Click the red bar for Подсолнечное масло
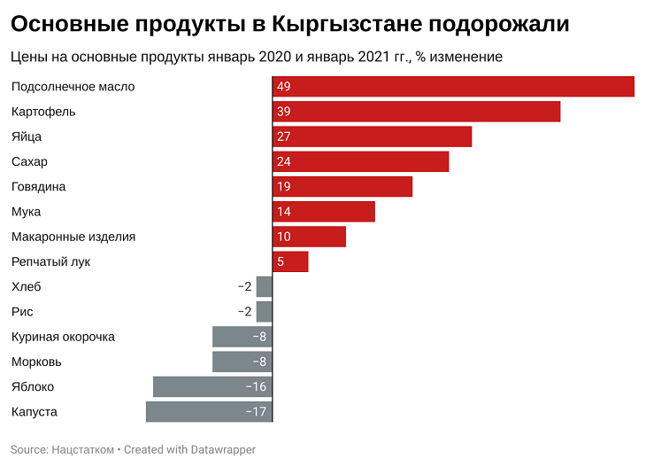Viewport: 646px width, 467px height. point(453,87)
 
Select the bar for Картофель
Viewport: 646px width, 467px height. point(416,112)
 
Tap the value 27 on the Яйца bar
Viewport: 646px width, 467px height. point(283,136)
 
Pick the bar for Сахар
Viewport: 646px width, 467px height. point(360,161)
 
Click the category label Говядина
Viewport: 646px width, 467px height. point(38,187)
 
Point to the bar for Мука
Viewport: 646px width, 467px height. point(323,212)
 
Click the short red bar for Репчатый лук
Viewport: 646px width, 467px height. point(290,261)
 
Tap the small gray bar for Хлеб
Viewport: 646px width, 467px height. point(264,286)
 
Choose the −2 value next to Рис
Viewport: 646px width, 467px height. point(245,312)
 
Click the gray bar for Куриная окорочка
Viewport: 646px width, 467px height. point(242,337)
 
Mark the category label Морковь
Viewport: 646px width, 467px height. point(36,362)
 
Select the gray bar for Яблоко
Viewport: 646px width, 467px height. point(212,386)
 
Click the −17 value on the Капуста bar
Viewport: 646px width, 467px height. point(257,412)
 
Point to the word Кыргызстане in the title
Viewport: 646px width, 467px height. point(337,24)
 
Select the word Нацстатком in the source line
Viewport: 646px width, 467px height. point(83,449)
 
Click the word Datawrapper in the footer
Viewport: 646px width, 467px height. point(224,449)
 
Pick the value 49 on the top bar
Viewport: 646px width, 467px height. point(283,87)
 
